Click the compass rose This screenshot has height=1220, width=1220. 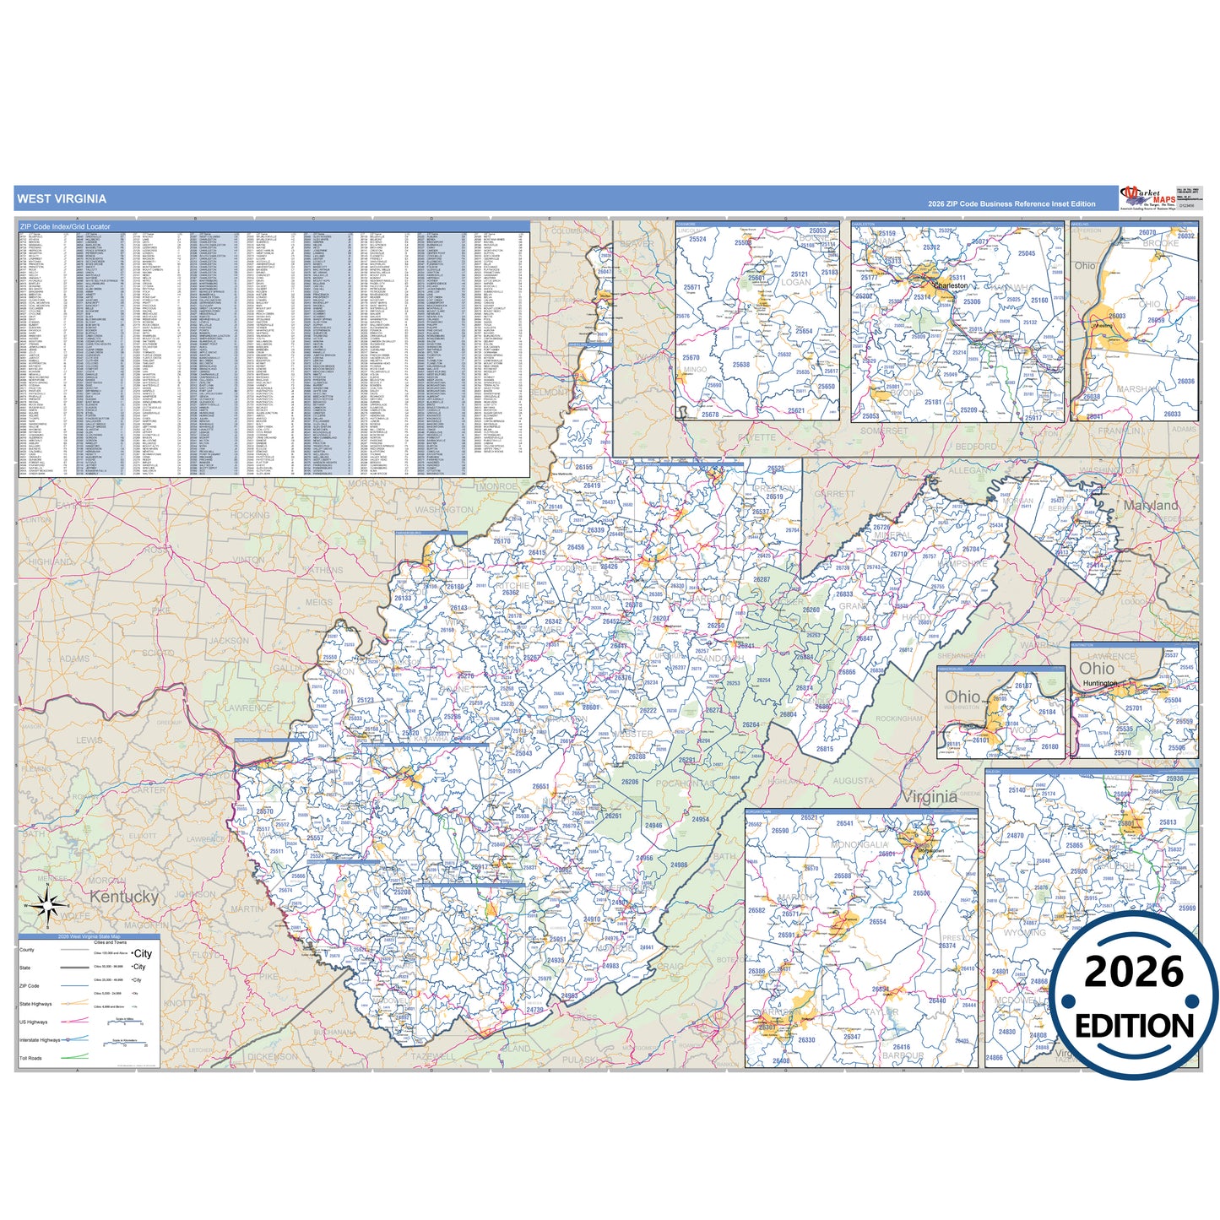pos(49,906)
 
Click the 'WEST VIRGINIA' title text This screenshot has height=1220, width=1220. pos(62,199)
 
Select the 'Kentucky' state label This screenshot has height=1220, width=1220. pos(124,897)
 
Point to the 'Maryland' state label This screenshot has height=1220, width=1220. pos(1151,505)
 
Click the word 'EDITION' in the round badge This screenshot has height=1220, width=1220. pos(1134,1026)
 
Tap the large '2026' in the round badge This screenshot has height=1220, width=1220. pos(1134,973)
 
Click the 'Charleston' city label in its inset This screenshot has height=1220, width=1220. pos(952,286)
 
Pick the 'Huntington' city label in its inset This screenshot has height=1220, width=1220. pos(1100,683)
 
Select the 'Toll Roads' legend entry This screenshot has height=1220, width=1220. pos(30,1058)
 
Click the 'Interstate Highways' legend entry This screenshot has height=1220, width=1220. pos(40,1040)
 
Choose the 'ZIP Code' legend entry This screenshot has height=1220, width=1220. pos(29,986)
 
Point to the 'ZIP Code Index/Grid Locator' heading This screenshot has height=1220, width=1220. pos(65,226)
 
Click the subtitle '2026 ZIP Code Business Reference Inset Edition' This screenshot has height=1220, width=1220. pos(1011,203)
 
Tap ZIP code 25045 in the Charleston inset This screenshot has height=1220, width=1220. pos(1026,253)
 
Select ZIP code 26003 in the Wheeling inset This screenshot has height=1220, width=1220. pos(1117,316)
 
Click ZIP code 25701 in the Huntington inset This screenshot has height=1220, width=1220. pos(1133,708)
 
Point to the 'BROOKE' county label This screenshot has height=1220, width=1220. pos(1160,243)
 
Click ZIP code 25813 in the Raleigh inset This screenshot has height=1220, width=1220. pos(1168,821)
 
